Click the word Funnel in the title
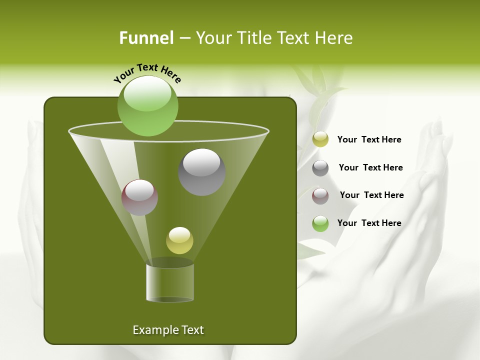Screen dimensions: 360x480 [146, 38]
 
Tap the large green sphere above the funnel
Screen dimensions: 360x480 [148, 105]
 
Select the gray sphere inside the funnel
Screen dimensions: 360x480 [201, 171]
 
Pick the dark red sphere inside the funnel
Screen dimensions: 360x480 [139, 197]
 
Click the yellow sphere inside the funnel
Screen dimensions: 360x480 [179, 240]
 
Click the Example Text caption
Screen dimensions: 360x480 [168, 330]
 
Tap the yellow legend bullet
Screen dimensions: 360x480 [320, 139]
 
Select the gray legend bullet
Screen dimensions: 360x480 [320, 167]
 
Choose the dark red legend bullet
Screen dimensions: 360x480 [320, 195]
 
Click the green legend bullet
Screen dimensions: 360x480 [320, 223]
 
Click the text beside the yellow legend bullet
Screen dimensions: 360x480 [369, 139]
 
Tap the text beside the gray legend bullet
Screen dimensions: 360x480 [370, 167]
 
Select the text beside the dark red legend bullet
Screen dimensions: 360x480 [371, 195]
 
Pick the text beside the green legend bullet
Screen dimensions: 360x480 [369, 223]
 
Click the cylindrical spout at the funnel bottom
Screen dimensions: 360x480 [170, 282]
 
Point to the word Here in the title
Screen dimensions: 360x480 [334, 38]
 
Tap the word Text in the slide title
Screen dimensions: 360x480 [296, 38]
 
